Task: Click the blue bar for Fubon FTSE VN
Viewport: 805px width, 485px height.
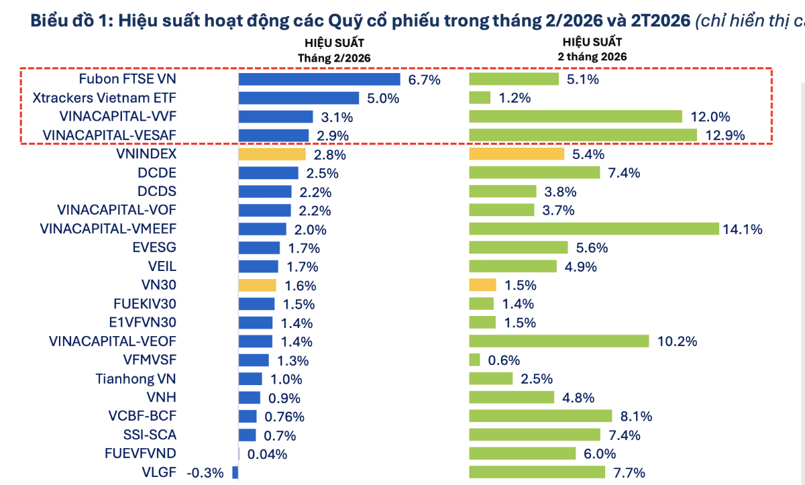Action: [319, 79]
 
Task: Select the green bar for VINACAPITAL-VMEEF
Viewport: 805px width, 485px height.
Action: [594, 229]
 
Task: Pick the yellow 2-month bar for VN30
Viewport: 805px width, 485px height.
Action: [482, 285]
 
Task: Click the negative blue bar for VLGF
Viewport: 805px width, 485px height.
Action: [235, 472]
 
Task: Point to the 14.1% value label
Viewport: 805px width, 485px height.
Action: [743, 229]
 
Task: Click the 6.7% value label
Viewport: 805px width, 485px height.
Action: [424, 80]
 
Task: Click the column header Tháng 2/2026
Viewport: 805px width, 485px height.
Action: [334, 58]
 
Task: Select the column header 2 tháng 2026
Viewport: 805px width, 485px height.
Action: [592, 57]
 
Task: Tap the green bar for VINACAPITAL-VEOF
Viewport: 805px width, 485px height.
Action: [559, 341]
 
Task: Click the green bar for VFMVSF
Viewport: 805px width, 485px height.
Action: [474, 360]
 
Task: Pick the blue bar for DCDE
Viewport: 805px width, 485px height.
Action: [268, 173]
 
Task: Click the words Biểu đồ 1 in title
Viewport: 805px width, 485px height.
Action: [70, 21]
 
